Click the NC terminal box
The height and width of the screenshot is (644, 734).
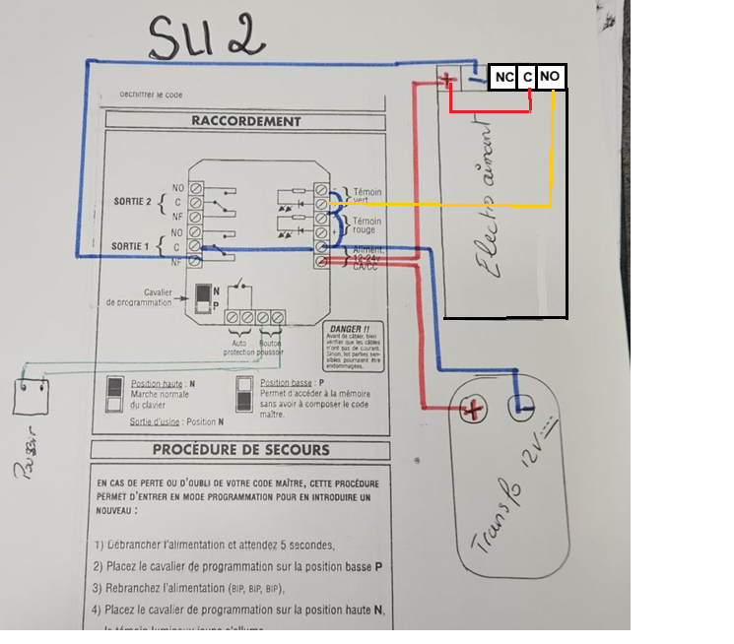point(503,77)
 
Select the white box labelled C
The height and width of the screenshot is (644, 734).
point(527,77)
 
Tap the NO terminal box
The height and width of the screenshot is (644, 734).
point(552,77)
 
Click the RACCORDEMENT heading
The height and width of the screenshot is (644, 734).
point(246,121)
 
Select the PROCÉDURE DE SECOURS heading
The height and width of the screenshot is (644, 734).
point(241,450)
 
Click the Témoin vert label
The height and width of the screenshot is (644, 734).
point(367,197)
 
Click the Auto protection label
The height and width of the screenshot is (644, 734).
point(239,348)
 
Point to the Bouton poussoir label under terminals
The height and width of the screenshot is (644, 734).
point(270,348)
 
